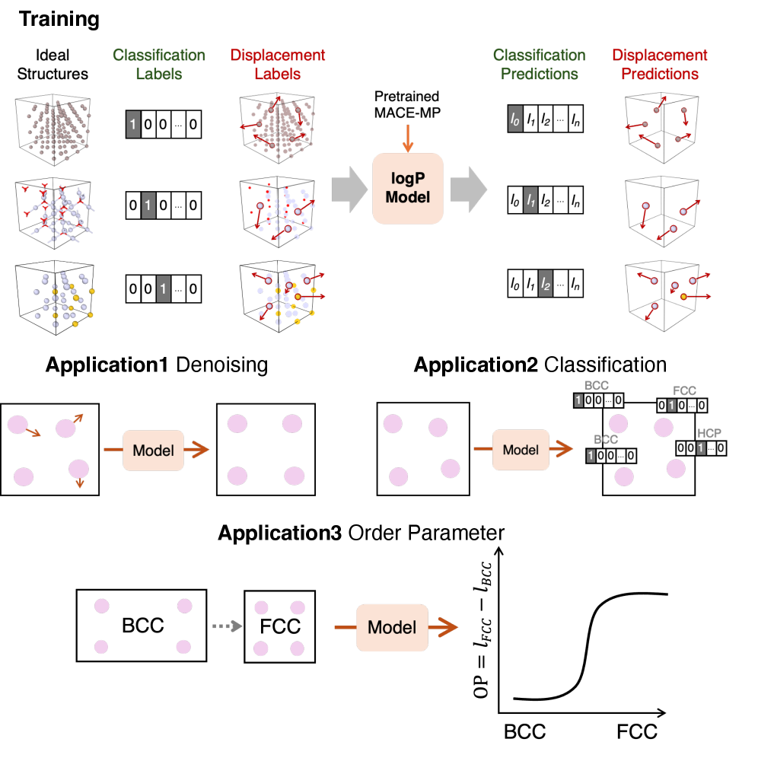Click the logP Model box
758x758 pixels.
click(408, 188)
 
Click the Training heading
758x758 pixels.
click(59, 19)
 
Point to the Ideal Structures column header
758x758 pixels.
click(52, 65)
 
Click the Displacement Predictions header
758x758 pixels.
click(660, 65)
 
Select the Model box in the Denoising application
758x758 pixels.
click(153, 450)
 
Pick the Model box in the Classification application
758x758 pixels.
click(521, 450)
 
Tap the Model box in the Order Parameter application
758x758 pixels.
click(392, 627)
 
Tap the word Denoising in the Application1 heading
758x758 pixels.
click(221, 365)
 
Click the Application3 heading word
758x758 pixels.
click(279, 533)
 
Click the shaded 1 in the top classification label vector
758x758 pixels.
click(133, 123)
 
